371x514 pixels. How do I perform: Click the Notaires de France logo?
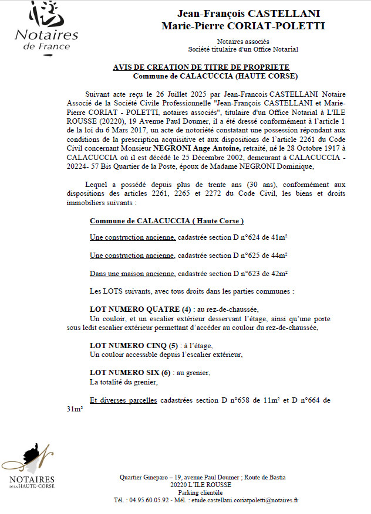point(45,26)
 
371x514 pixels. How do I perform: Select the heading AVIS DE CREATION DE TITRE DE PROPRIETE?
point(201,67)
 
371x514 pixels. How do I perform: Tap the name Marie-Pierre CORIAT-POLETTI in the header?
point(243,26)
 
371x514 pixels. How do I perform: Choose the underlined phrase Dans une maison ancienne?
point(133,274)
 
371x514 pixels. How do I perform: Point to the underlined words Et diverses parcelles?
point(123,400)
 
